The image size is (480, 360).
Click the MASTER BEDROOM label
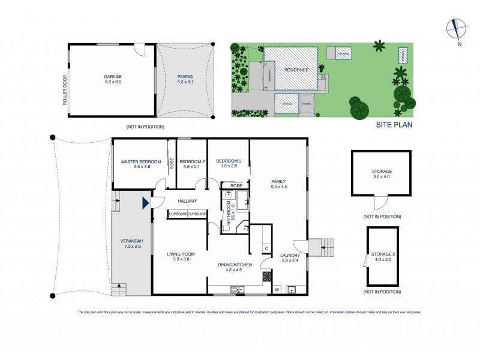pyautogui.click(x=141, y=161)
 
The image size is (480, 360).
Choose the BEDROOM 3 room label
pyautogui.click(x=229, y=161)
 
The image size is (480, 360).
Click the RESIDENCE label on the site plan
pyautogui.click(x=296, y=70)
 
